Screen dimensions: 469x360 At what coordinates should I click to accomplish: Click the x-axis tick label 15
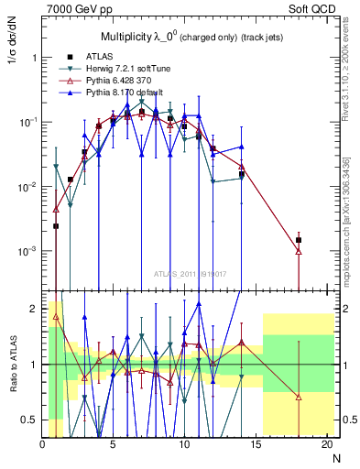[255, 444]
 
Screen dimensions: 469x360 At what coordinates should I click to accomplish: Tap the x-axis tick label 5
[113, 444]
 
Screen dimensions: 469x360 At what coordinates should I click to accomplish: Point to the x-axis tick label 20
[325, 444]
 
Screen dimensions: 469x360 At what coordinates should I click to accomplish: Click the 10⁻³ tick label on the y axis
[28, 251]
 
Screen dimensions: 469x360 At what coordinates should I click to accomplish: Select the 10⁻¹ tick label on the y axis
[28, 122]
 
